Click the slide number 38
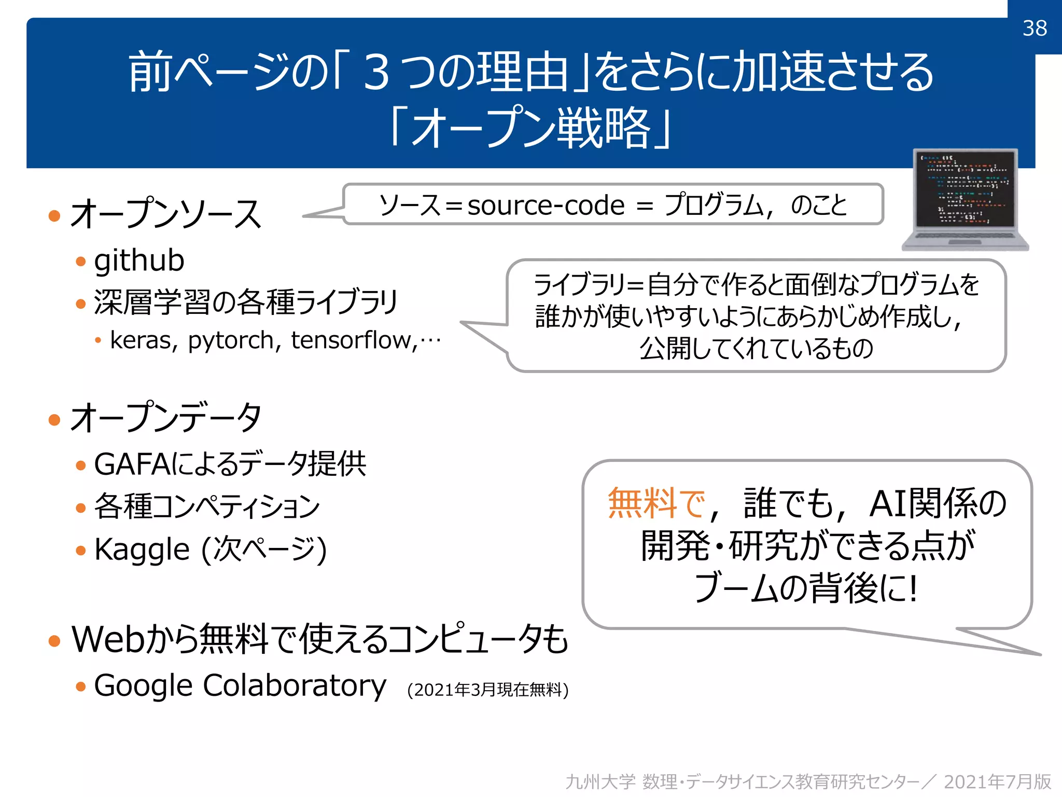click(1035, 28)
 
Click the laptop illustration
click(965, 200)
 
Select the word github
click(139, 260)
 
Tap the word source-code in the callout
click(546, 205)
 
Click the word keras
click(141, 340)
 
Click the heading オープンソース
click(166, 214)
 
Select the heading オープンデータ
click(166, 418)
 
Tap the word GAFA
click(132, 464)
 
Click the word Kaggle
click(142, 549)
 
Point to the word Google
click(144, 686)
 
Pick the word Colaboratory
click(295, 686)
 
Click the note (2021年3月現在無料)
click(487, 690)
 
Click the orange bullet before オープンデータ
click(54, 419)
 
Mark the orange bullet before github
click(80, 261)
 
